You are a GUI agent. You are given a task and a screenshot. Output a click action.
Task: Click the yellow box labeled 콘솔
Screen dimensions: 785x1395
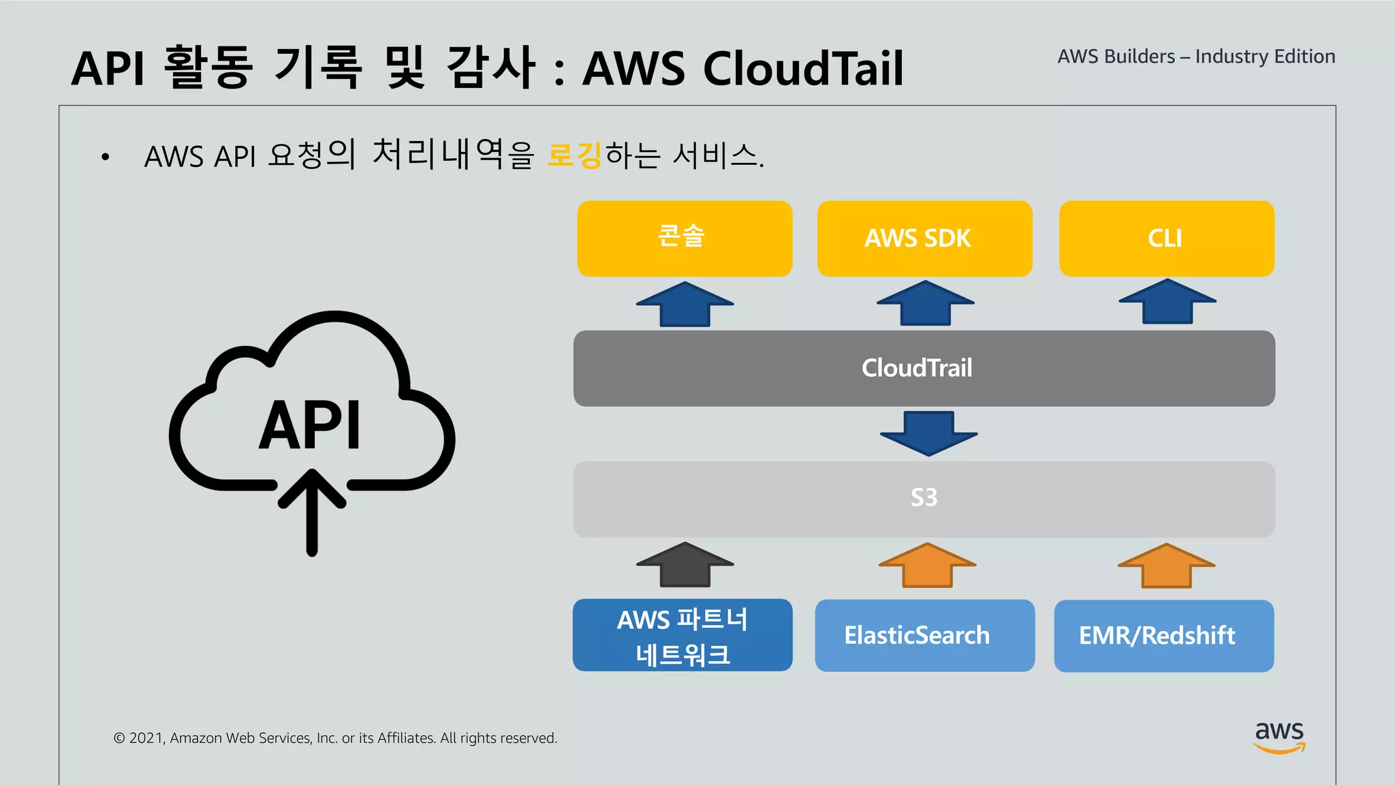(685, 238)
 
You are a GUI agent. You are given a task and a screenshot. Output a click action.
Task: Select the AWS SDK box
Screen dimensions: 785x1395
(924, 238)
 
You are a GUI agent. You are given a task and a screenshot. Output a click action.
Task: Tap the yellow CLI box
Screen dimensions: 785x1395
(1166, 238)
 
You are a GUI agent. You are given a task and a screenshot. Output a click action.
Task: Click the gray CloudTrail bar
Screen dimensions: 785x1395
(924, 368)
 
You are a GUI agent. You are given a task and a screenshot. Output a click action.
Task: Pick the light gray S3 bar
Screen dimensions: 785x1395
(924, 498)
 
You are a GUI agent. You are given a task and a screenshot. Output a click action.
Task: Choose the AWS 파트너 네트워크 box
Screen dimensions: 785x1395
(683, 635)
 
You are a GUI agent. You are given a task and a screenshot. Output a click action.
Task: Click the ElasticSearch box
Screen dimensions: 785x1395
(924, 635)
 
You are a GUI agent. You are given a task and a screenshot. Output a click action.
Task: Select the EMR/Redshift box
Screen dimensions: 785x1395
(1163, 635)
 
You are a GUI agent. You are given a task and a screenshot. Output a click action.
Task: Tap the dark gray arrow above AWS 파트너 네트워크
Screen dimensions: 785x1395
(685, 565)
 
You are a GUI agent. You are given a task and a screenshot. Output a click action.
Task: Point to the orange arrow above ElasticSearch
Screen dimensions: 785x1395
(927, 565)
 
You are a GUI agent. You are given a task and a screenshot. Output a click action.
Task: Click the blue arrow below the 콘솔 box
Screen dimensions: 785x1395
(685, 304)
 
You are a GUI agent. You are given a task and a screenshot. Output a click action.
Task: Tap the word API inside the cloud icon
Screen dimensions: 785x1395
(310, 425)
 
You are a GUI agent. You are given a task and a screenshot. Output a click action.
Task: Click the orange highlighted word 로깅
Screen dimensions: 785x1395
(574, 155)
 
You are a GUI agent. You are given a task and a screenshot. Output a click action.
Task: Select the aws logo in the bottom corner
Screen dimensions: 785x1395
(1279, 737)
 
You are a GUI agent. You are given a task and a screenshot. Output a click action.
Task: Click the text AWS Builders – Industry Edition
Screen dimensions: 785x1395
(1196, 57)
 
